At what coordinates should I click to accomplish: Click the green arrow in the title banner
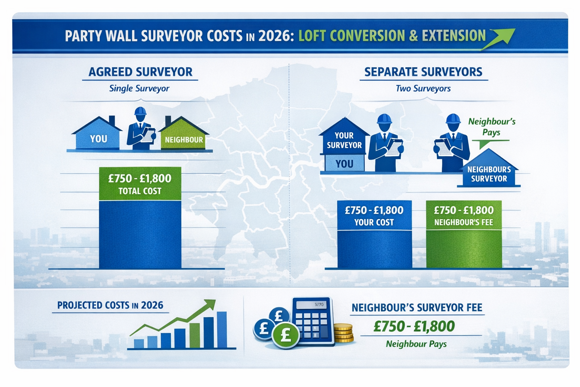[x=500, y=38]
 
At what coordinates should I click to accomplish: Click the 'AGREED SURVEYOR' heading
[x=140, y=72]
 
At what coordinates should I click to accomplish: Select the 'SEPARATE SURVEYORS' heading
[x=423, y=72]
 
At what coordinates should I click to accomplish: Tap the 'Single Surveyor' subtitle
[x=139, y=88]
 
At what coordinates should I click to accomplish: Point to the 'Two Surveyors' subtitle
[x=423, y=88]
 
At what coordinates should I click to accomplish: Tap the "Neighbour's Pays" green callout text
[x=491, y=127]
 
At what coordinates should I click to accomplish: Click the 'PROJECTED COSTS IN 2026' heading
[x=110, y=305]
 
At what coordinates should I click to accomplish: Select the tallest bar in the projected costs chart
[x=222, y=330]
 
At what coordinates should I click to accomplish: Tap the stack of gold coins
[x=343, y=333]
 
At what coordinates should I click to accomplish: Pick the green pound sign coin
[x=285, y=335]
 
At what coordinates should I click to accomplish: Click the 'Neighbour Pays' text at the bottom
[x=416, y=344]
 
